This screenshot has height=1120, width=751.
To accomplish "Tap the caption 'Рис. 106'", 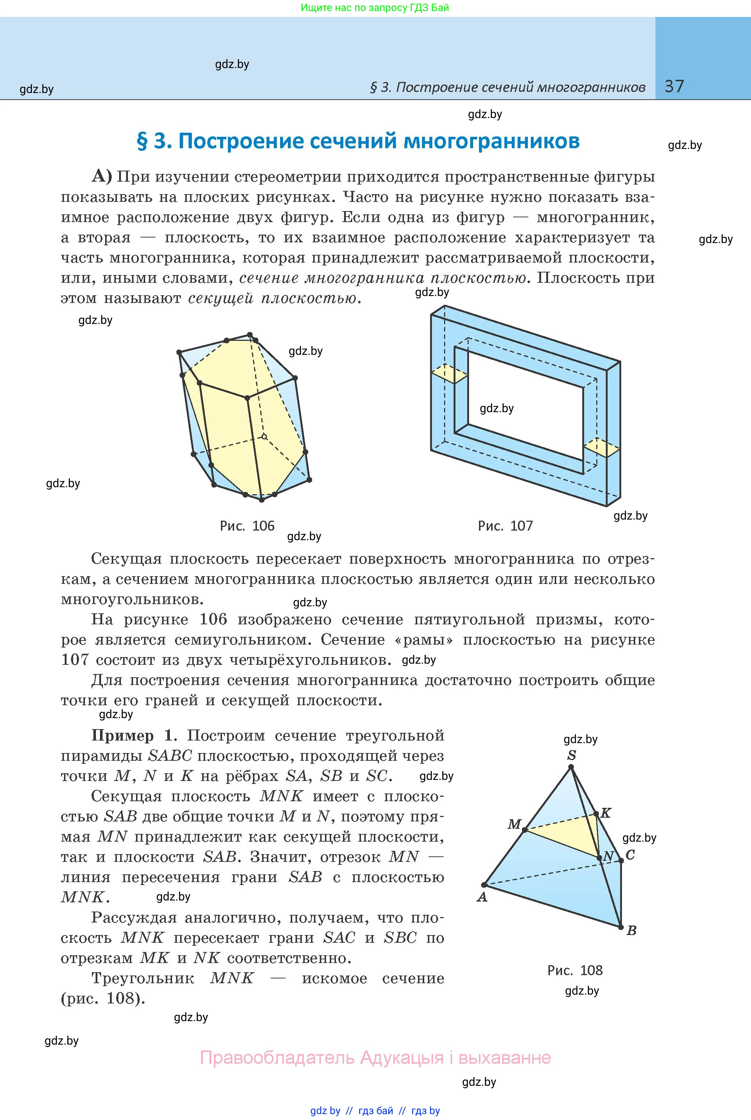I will [x=247, y=526].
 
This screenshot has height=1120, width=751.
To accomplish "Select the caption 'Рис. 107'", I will [x=505, y=526].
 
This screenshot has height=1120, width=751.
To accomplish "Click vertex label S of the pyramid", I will [x=571, y=756].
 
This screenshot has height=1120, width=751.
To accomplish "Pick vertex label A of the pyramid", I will [x=482, y=897].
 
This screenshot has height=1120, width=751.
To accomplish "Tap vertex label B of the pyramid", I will [x=631, y=930].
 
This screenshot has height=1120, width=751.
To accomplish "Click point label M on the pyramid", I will [x=514, y=824].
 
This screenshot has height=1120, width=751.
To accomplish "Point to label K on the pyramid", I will [x=606, y=813].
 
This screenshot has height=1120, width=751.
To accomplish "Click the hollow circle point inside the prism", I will [x=264, y=436].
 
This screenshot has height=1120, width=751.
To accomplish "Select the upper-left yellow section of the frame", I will [x=449, y=374].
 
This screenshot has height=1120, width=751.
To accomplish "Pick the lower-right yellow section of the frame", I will [x=601, y=447].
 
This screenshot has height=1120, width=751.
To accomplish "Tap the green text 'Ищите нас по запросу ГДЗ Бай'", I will [x=375, y=8].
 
